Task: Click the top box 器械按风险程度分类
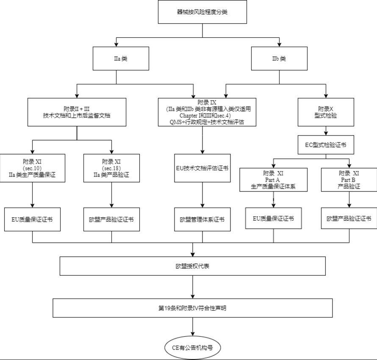(202, 12)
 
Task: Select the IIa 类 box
(121, 58)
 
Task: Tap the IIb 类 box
(279, 58)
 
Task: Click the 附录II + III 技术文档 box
(77, 112)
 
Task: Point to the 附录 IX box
(207, 112)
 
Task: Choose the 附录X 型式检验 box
(326, 112)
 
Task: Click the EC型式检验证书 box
(326, 145)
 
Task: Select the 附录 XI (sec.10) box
(33, 168)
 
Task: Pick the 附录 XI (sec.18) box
(111, 168)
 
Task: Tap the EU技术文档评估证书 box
(202, 168)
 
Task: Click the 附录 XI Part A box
(273, 180)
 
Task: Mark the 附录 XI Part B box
(349, 180)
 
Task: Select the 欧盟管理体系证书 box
(202, 219)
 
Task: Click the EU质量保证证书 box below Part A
(273, 218)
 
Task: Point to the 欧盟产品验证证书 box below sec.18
(111, 219)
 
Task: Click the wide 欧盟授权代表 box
(193, 266)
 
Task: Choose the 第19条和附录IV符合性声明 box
(193, 308)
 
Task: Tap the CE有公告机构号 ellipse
(193, 348)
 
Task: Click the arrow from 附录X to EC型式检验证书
(326, 131)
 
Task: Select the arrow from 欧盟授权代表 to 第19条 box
(193, 287)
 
